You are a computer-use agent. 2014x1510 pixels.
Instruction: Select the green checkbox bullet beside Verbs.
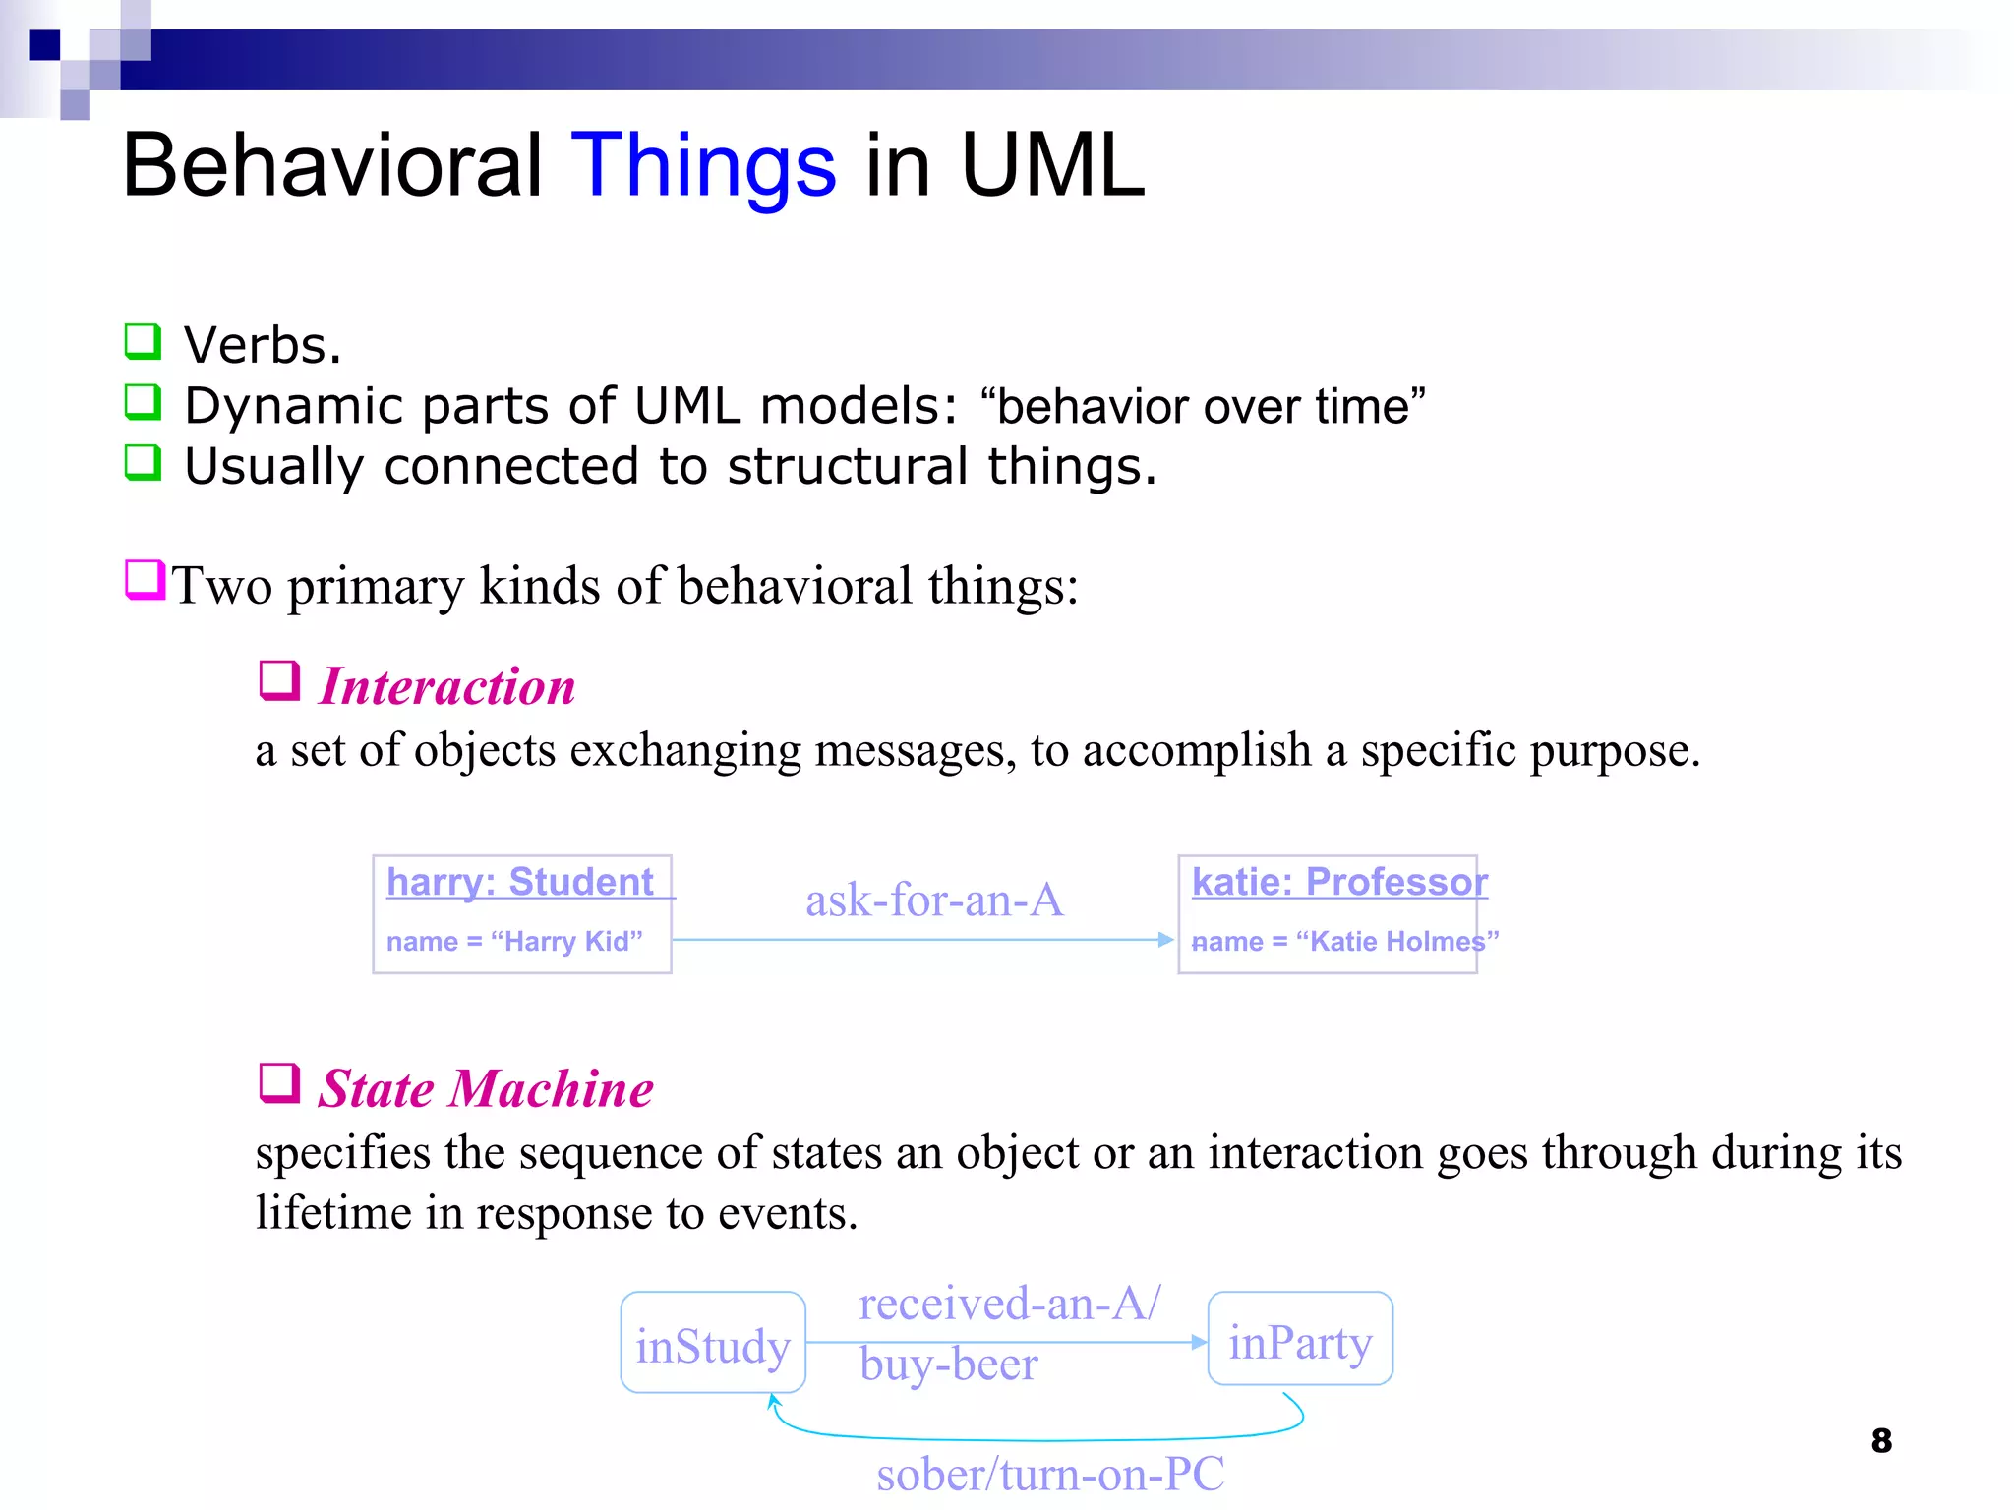[143, 341]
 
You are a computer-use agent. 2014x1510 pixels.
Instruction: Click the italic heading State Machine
[485, 1088]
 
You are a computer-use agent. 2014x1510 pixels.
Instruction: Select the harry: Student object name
[520, 881]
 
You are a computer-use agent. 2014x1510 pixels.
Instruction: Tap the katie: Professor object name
[1338, 881]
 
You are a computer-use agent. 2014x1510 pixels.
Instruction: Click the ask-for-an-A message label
[933, 900]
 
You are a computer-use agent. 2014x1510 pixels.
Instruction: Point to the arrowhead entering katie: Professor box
[1166, 940]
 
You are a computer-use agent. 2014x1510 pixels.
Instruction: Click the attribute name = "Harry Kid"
[514, 941]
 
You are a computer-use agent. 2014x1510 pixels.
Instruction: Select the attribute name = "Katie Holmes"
[1344, 941]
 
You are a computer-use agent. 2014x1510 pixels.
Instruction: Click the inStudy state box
[713, 1344]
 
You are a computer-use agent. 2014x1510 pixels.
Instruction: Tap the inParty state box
[1299, 1340]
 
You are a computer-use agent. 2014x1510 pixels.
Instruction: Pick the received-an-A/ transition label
[1009, 1303]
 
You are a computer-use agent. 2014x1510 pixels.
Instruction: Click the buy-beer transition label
[948, 1364]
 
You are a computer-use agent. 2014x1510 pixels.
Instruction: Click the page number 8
[1880, 1440]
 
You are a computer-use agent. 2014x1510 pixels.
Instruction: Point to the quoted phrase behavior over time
[1203, 405]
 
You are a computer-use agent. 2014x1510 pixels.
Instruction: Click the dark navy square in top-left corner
[44, 45]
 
